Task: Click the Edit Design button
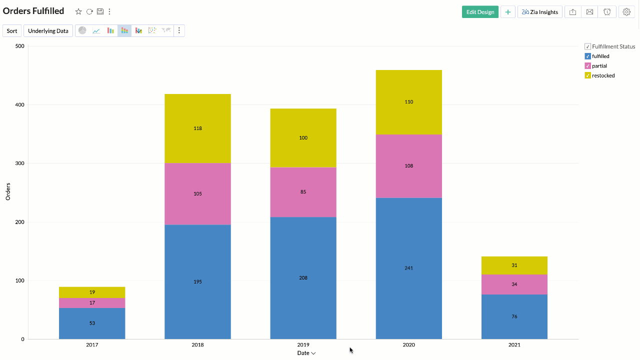coord(480,12)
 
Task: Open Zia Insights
coord(539,12)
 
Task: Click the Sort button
coord(12,31)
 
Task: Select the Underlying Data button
coord(48,31)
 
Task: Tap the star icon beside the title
coord(78,11)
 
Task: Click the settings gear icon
coord(626,12)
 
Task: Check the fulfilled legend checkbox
coord(587,56)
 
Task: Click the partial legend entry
coord(599,66)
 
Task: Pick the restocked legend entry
coord(603,75)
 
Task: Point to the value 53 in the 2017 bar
coord(92,323)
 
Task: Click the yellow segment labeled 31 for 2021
coord(514,265)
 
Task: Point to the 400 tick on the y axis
coord(19,105)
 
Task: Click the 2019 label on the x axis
coord(303,345)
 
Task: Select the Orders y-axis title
coord(8,191)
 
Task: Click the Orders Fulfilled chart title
coord(33,11)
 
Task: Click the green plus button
coord(507,12)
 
